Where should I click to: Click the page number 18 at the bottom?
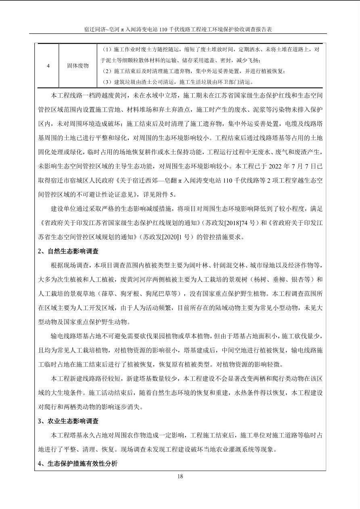[x=180, y=476]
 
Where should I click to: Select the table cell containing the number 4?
[x=48, y=65]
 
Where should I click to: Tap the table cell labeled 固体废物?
[x=78, y=65]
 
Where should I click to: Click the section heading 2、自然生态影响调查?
[x=68, y=251]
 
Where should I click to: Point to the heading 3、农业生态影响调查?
[x=68, y=421]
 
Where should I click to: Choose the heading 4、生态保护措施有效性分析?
[x=77, y=463]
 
